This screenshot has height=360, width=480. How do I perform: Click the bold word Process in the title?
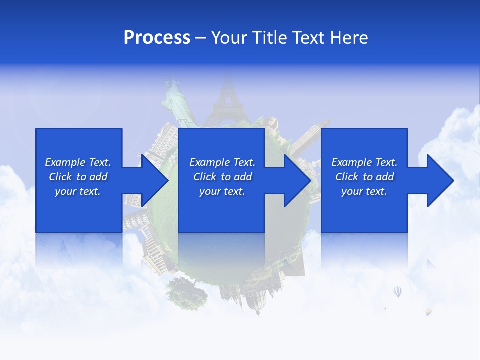click(157, 38)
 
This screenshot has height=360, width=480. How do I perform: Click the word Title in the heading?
click(270, 38)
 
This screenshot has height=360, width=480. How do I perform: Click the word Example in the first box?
click(65, 162)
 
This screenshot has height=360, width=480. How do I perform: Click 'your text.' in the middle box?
click(222, 191)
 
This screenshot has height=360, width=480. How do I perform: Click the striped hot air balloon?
click(397, 291)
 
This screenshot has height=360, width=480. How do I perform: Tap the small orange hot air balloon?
click(428, 312)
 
